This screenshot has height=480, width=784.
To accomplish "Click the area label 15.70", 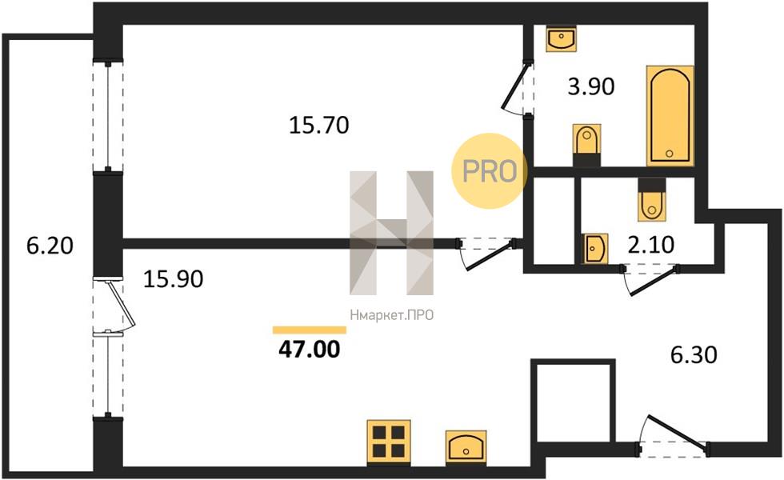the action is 319,125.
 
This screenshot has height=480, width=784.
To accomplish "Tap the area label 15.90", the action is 173,278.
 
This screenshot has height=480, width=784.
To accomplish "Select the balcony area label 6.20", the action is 50,246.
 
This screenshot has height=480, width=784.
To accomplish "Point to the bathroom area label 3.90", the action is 591,86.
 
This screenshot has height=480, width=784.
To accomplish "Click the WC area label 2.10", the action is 650,245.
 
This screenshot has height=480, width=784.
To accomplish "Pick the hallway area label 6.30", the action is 694,354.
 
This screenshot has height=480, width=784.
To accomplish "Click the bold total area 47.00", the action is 310,349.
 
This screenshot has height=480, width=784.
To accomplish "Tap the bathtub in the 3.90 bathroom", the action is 670,115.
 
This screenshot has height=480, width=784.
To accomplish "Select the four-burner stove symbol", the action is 389,442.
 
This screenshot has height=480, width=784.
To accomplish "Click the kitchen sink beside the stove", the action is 466,446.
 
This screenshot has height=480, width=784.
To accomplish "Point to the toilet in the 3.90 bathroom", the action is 586,145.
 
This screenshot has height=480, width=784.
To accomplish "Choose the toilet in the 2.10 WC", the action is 652,199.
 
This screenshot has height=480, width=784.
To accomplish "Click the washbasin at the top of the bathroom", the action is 561,38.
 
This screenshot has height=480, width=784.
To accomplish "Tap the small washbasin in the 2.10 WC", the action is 595,248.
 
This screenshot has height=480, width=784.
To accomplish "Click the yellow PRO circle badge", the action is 490,171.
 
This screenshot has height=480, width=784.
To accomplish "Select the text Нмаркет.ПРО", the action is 391,315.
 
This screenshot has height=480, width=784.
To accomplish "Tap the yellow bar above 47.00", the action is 310,330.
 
